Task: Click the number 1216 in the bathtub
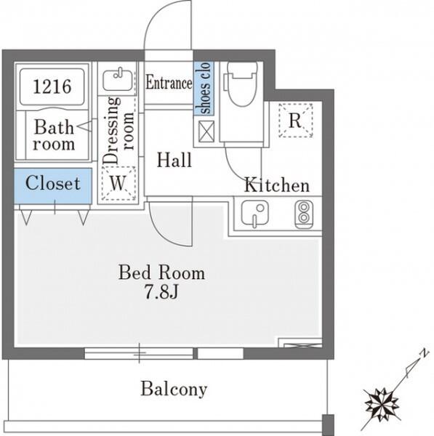pos(52,86)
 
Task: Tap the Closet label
pos(53,183)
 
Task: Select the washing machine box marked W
pos(118,183)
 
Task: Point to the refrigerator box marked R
pos(295,120)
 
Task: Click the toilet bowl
pos(241,84)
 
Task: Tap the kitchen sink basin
pos(255,214)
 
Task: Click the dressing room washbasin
pos(118,80)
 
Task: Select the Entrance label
pos(169,83)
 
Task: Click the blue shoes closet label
pos(204,88)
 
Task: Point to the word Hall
pos(174,160)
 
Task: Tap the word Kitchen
pos(277,185)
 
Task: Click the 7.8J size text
pos(161,291)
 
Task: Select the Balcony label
pos(174,389)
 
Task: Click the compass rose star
pos(382,403)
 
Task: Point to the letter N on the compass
pos(424,353)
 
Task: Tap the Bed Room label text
pos(161,272)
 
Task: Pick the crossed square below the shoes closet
pos(206,132)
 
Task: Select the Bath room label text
pos(54,135)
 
